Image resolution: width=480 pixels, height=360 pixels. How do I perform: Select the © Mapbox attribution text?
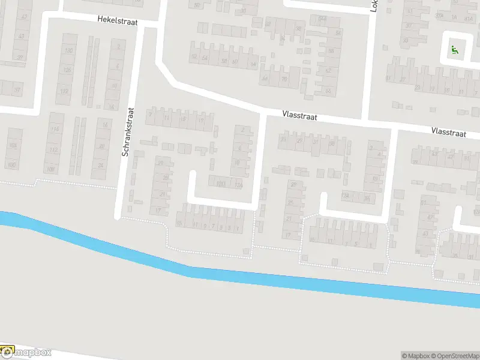coord(415,356)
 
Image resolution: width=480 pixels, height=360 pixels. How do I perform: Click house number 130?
coord(68,51)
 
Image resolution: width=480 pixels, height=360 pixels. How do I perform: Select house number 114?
coord(56,129)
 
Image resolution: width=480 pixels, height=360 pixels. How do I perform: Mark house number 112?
coord(54,150)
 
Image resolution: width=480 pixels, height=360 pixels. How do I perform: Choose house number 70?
coord(284,79)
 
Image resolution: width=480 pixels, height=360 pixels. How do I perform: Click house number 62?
coord(328,71)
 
